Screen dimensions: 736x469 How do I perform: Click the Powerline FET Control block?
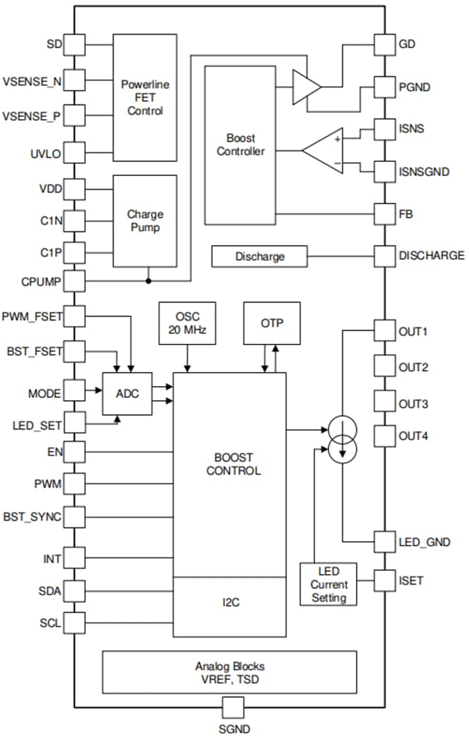click(x=145, y=98)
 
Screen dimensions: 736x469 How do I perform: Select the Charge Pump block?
click(x=145, y=221)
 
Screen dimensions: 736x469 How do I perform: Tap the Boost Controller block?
click(x=240, y=145)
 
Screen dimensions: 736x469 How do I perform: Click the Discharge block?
click(x=259, y=256)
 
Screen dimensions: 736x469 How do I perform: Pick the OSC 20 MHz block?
click(x=187, y=323)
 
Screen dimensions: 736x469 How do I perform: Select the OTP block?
click(x=272, y=323)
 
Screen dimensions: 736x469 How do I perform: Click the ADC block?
click(x=127, y=393)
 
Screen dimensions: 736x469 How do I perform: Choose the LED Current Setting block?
click(x=329, y=584)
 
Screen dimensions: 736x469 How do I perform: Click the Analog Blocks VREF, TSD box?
click(x=229, y=672)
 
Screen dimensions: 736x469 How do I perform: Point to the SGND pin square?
click(x=233, y=707)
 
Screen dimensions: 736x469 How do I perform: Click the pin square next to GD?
click(x=385, y=45)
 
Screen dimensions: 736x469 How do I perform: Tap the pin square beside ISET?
click(x=385, y=580)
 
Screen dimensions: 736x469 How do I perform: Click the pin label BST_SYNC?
click(x=32, y=517)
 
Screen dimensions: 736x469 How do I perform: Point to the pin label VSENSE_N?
click(x=32, y=82)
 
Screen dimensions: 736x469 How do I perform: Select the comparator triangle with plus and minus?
click(x=323, y=151)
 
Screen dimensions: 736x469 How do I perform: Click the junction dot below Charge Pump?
click(x=148, y=280)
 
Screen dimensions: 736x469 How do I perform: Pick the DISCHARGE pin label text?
click(x=432, y=256)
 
